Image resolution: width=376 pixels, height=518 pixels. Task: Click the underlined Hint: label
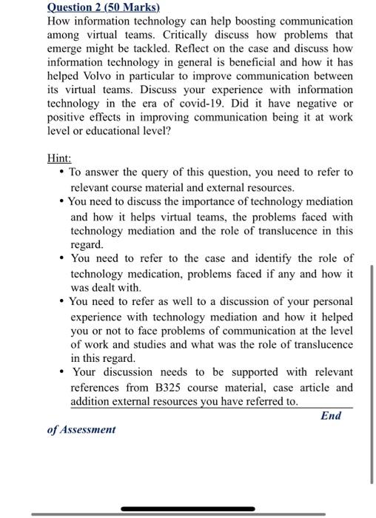[x=59, y=158]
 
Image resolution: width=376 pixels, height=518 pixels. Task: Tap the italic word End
[x=331, y=416]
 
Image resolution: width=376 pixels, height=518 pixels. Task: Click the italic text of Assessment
[x=81, y=429]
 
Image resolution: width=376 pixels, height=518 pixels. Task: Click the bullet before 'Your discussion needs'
[x=60, y=372]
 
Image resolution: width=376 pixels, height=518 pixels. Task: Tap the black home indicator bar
[x=188, y=509]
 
